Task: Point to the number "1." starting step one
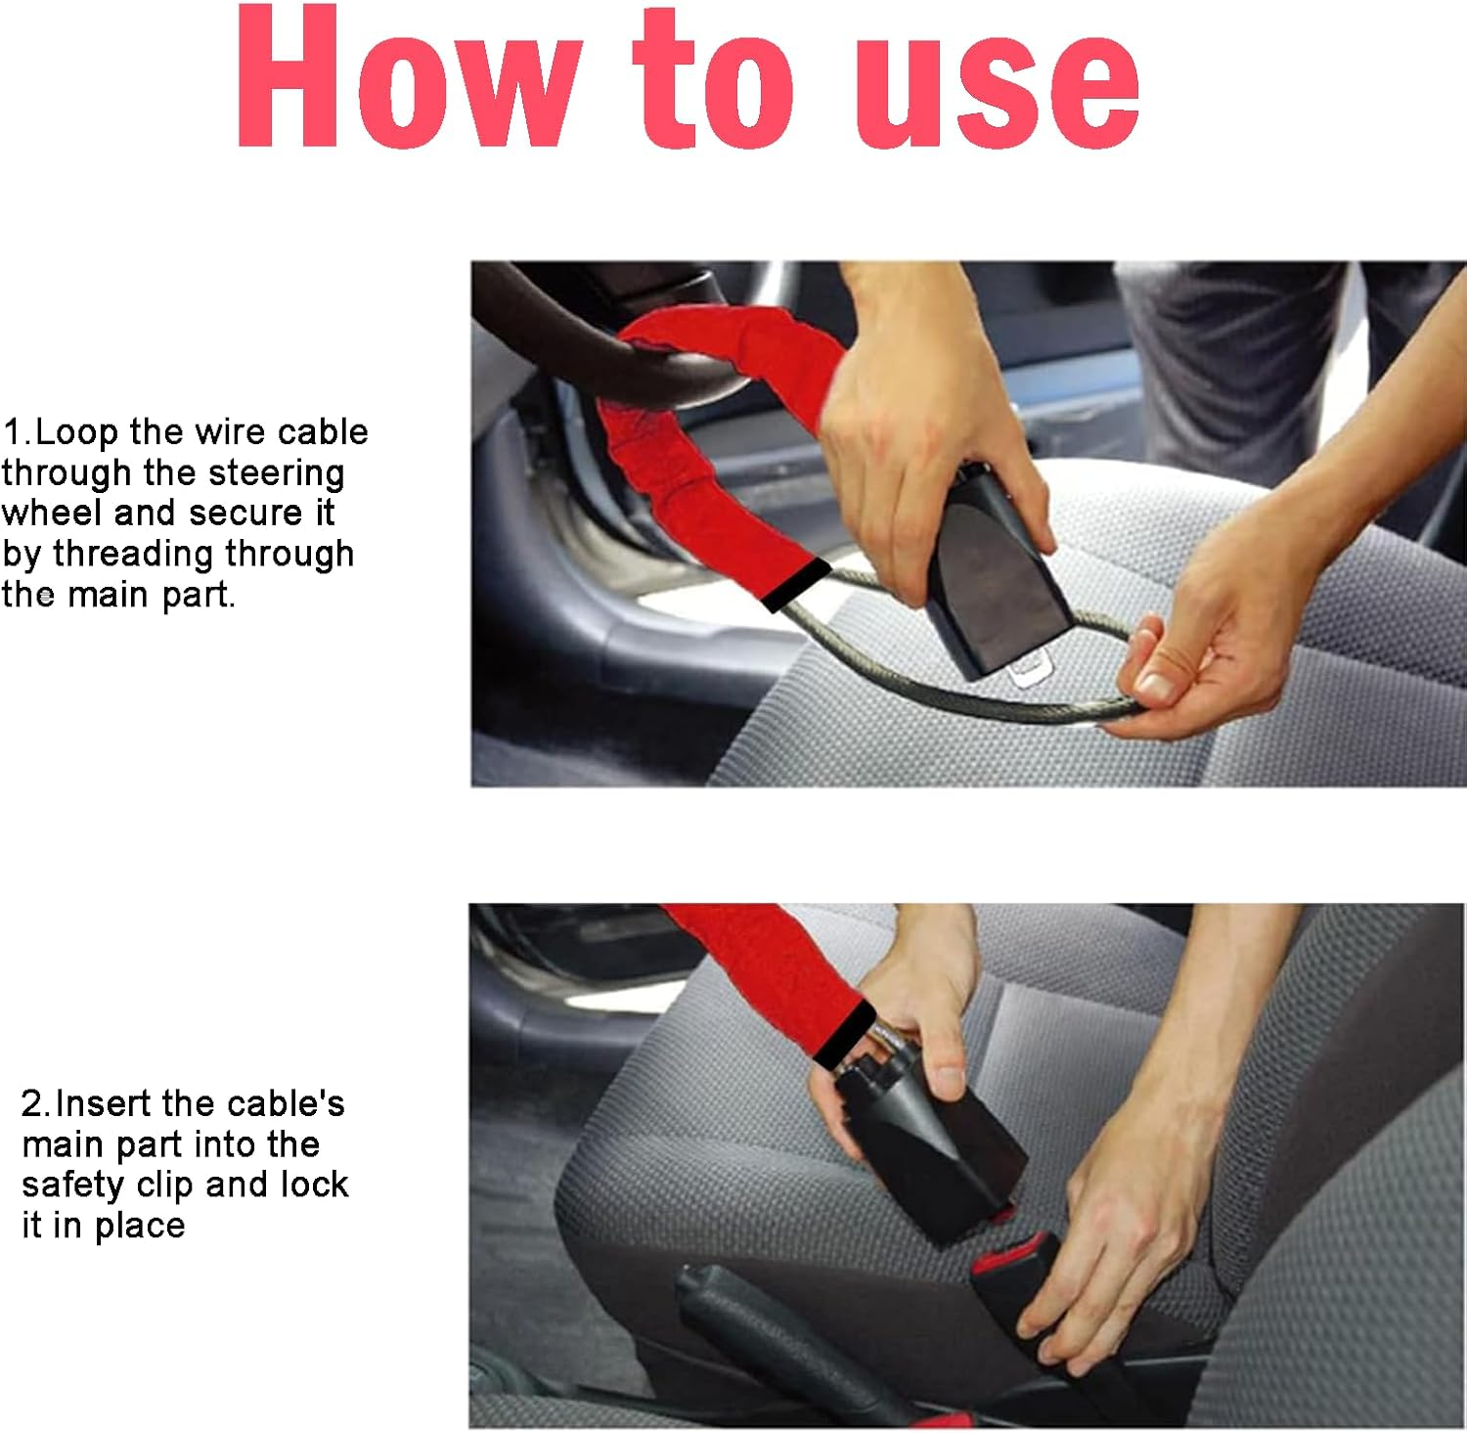click(x=17, y=432)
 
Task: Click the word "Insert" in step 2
click(x=106, y=1103)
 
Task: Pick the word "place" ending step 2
click(x=140, y=1226)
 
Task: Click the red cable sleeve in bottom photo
click(x=763, y=968)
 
